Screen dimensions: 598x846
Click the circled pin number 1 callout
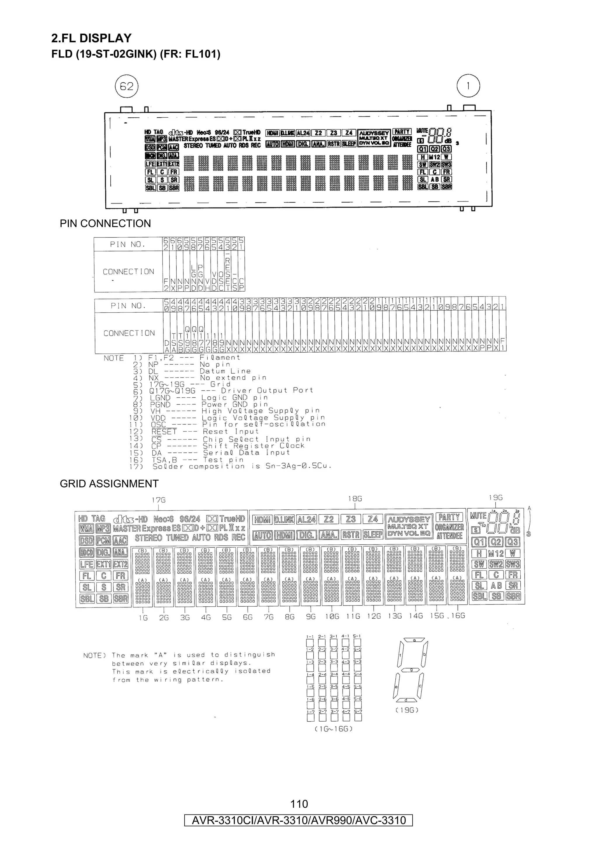[468, 86]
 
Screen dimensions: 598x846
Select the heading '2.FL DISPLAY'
[91, 38]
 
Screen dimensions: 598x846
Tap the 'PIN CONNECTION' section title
[105, 224]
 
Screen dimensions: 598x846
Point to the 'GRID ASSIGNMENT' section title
[109, 483]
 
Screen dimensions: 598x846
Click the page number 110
[299, 804]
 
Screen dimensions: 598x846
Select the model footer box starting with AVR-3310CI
[298, 820]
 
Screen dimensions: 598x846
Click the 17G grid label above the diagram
[159, 500]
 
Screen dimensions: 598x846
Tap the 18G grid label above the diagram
[355, 499]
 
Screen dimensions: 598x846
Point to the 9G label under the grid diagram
[311, 617]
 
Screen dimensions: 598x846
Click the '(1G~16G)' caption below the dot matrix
[333, 729]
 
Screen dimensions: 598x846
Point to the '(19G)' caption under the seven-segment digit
[407, 710]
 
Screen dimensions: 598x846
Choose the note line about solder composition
[242, 466]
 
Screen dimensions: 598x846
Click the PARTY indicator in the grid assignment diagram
[449, 517]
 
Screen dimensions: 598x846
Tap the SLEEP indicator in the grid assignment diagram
[373, 534]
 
